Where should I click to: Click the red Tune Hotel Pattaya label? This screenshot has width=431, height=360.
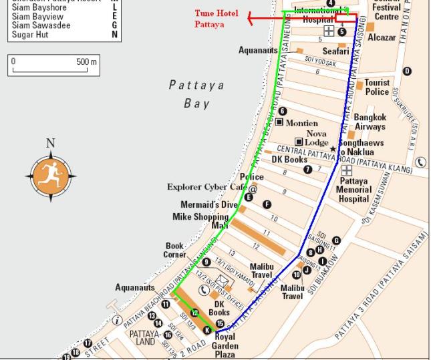pyautogui.click(x=216, y=18)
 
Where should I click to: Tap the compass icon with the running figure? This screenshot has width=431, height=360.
pyautogui.click(x=51, y=176)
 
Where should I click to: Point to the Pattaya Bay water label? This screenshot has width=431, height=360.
pyautogui.click(x=196, y=94)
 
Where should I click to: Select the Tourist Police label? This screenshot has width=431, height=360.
pyautogui.click(x=377, y=87)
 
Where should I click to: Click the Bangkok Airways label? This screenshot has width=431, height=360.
pyautogui.click(x=370, y=122)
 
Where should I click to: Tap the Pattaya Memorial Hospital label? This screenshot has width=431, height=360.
pyautogui.click(x=353, y=190)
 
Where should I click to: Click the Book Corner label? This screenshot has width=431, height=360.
pyautogui.click(x=175, y=250)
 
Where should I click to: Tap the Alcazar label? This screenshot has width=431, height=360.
pyautogui.click(x=382, y=38)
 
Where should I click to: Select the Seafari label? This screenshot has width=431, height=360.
pyautogui.click(x=335, y=51)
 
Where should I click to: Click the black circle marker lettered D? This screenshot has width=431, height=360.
pyautogui.click(x=407, y=71)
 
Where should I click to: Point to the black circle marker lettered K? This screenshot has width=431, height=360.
pyautogui.click(x=206, y=331)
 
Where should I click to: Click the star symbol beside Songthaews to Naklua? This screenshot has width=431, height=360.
pyautogui.click(x=333, y=148)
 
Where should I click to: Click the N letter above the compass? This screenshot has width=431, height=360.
pyautogui.click(x=51, y=143)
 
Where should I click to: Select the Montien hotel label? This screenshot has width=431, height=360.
pyautogui.click(x=301, y=124)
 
